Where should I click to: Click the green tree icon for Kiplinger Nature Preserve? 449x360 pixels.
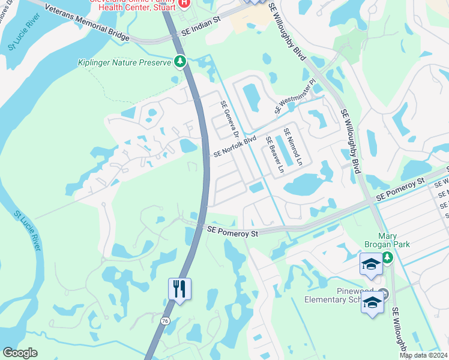point(179,61)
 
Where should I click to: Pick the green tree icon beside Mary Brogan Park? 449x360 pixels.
point(388,257)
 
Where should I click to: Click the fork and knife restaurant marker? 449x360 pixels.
point(179,289)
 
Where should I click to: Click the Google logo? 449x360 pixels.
point(20,353)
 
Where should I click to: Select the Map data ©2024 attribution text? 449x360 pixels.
point(423,355)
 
